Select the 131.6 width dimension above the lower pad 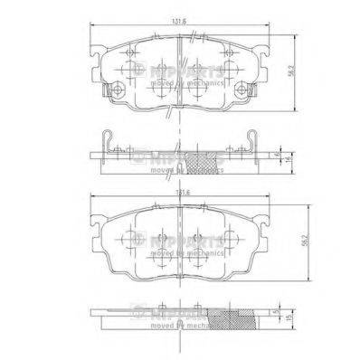[181, 193]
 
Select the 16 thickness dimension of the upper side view [287, 159]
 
